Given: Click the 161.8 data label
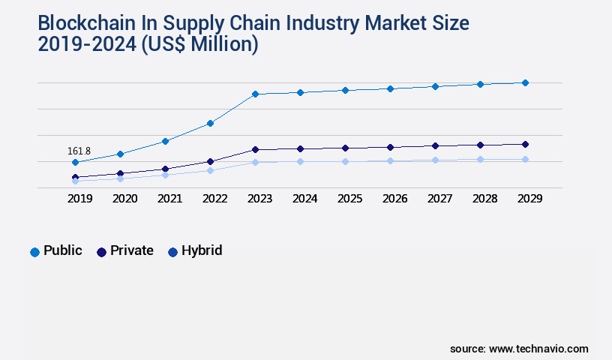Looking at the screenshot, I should click(79, 151).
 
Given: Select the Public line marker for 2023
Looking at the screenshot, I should click(255, 94).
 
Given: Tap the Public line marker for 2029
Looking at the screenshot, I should click(525, 82).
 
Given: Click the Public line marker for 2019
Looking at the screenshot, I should click(75, 162).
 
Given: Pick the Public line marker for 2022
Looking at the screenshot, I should click(210, 123).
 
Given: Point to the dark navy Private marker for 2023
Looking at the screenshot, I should click(255, 149).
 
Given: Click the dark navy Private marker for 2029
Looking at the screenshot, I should click(525, 144).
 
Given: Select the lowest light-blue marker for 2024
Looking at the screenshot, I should click(300, 161).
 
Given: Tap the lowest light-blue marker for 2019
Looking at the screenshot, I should click(75, 181).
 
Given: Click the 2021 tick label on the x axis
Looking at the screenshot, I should click(169, 199).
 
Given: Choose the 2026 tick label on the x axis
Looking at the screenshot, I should click(394, 199).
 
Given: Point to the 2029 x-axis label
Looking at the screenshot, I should click(529, 199).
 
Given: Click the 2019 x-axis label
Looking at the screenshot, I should click(79, 199).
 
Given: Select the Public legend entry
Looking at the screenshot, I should click(56, 251).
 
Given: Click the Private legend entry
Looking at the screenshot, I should click(124, 251).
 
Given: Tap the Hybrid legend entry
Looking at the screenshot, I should click(195, 251).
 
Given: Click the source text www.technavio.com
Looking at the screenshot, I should click(538, 349).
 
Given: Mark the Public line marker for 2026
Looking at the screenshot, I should click(390, 88).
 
